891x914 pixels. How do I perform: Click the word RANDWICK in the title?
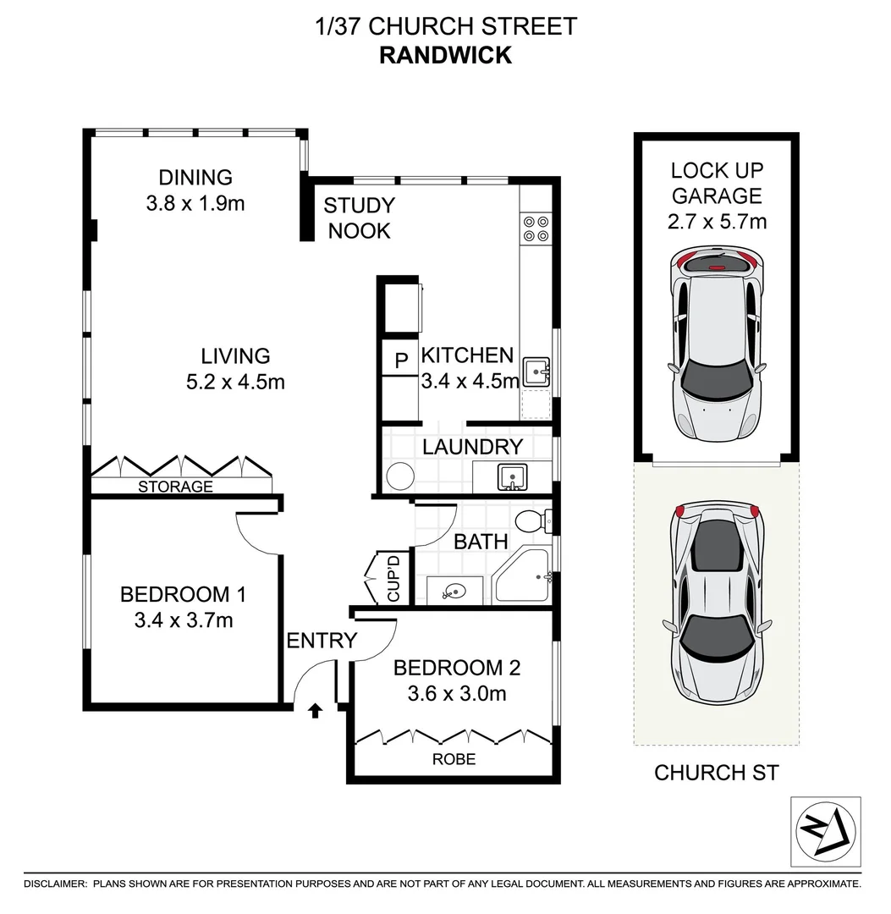445,55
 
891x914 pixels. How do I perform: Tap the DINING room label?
195,178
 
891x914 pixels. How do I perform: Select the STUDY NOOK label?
359,217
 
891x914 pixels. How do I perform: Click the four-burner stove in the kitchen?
536,228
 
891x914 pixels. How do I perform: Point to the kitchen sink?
536,371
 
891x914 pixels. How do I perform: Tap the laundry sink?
512,477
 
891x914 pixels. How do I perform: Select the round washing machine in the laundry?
399,476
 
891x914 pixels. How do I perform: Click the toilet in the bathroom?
532,520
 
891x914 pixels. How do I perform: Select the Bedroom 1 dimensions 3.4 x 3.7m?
183,620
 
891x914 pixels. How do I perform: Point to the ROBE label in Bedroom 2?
454,759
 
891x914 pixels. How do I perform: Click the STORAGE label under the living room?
175,487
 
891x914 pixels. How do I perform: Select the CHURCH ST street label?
717,772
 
